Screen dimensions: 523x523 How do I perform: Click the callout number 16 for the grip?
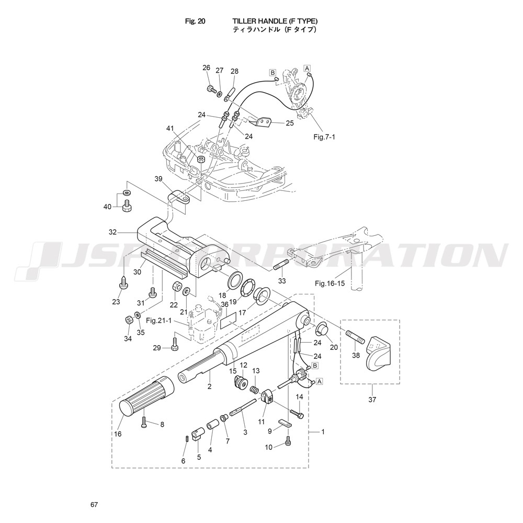[118, 434]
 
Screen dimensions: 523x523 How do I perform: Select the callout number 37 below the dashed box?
[372, 399]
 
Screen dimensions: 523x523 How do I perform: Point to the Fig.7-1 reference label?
[324, 137]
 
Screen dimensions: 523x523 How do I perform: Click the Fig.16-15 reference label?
[330, 283]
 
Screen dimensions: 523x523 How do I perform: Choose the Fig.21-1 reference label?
[159, 321]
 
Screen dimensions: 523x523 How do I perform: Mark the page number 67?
[94, 504]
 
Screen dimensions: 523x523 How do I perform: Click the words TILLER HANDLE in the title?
[259, 21]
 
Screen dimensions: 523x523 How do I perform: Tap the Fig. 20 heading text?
[195, 21]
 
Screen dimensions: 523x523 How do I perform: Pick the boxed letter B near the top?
[273, 72]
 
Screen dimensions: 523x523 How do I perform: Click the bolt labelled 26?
[211, 89]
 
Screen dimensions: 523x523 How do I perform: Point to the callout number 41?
[170, 129]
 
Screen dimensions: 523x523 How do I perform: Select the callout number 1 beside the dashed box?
[323, 431]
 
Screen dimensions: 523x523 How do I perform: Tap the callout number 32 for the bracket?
[113, 232]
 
